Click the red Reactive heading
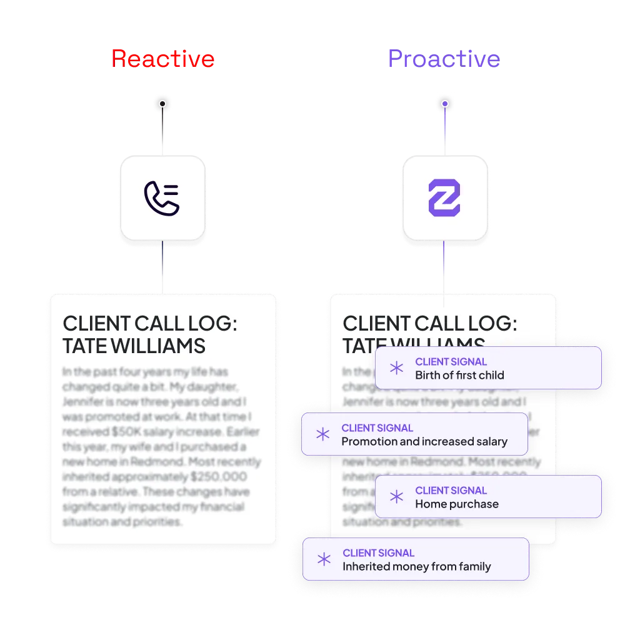pos(162,59)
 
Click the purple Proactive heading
pos(443,59)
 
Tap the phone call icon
pos(162,198)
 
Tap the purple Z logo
pos(444,198)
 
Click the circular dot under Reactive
pos(162,104)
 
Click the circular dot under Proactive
pos(444,104)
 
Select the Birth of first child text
pos(459,376)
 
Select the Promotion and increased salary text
pos(424,442)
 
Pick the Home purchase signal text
pos(457,504)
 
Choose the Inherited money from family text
pos(416,567)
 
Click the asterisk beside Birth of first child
pos(396,369)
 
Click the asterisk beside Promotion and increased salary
pos(322,434)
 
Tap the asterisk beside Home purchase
pos(396,497)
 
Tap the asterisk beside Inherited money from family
pos(324,559)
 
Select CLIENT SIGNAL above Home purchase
pos(451,491)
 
